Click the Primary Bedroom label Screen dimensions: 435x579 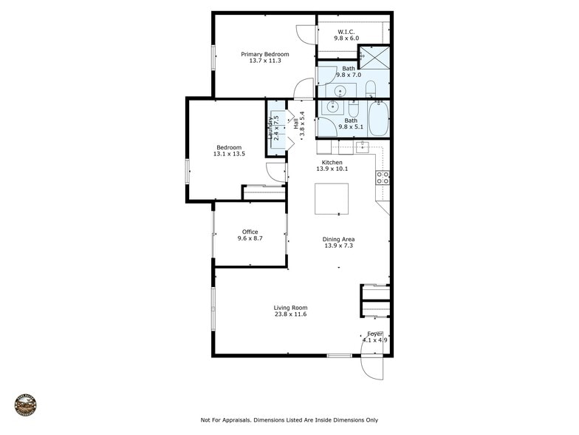pyautogui.click(x=265, y=54)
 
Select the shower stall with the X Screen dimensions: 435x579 pyautogui.click(x=374, y=58)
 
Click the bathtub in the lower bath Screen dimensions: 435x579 pyautogui.click(x=379, y=118)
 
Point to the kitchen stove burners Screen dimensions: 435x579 pyautogui.click(x=383, y=178)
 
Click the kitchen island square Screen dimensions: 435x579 pyautogui.click(x=332, y=198)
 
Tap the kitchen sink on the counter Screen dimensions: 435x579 pyautogui.click(x=363, y=146)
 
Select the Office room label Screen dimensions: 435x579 pyautogui.click(x=250, y=232)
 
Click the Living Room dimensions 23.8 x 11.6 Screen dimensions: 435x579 pyautogui.click(x=290, y=315)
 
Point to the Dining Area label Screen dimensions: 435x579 pyautogui.click(x=339, y=239)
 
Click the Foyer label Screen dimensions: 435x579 pyautogui.click(x=375, y=334)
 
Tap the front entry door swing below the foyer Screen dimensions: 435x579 pyautogui.click(x=372, y=367)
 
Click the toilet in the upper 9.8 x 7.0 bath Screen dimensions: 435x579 pyautogui.click(x=371, y=91)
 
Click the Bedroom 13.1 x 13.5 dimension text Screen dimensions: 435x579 pyautogui.click(x=229, y=154)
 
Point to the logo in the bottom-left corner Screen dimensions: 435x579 pyautogui.click(x=25, y=405)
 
